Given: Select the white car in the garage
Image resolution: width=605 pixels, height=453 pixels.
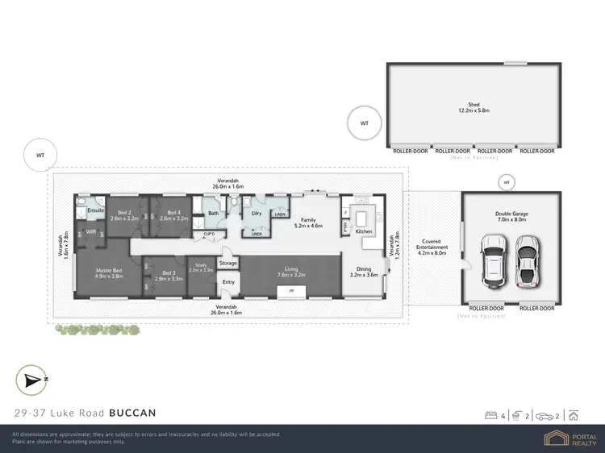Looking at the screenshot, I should [493, 261].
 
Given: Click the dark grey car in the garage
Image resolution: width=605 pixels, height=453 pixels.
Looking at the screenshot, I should [527, 260].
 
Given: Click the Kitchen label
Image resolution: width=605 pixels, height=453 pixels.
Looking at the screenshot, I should [364, 231].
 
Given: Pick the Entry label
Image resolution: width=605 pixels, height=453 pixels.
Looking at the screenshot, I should [228, 281].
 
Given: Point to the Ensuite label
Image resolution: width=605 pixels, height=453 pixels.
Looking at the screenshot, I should [95, 210].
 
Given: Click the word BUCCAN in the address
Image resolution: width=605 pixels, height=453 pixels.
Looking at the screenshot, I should [132, 413].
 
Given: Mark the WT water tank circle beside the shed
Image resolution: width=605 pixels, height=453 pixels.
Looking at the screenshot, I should [364, 123].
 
